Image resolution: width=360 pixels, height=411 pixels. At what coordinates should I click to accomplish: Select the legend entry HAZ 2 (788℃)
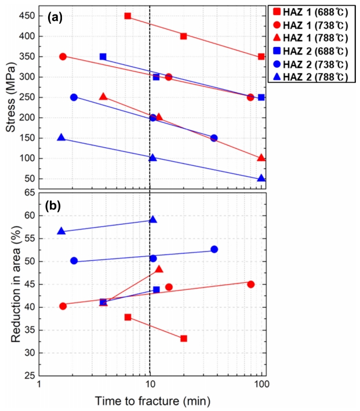pyautogui.click(x=312, y=77)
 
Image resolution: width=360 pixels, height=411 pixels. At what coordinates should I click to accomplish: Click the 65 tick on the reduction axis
pyautogui.click(x=30, y=192)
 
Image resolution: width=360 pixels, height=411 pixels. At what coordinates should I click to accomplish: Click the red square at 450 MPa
pyautogui.click(x=128, y=16)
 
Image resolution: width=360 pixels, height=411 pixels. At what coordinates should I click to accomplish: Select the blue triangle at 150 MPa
pyautogui.click(x=61, y=138)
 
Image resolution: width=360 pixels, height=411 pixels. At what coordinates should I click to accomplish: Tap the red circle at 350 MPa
pyautogui.click(x=63, y=56)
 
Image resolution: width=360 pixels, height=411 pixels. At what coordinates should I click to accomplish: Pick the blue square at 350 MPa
pyautogui.click(x=103, y=57)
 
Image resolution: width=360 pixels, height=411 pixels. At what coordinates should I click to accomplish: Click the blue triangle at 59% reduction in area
pyautogui.click(x=153, y=220)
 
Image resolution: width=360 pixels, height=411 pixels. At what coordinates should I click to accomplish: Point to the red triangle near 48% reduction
pyautogui.click(x=159, y=269)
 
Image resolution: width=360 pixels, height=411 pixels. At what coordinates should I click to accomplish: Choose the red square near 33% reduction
pyautogui.click(x=184, y=338)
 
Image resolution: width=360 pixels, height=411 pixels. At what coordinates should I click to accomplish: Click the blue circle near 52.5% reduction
pyautogui.click(x=214, y=249)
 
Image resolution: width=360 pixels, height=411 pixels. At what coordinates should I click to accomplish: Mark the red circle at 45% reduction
pyautogui.click(x=250, y=284)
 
